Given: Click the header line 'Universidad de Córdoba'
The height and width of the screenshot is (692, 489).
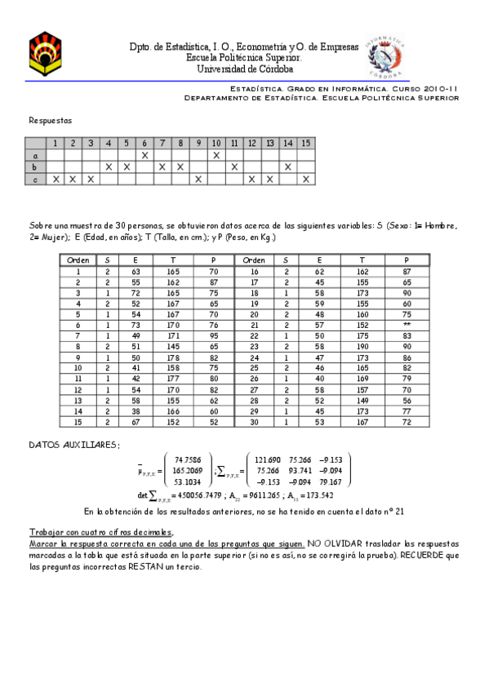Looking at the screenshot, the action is (x=245, y=69).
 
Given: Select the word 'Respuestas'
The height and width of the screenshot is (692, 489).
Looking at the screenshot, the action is (x=51, y=119).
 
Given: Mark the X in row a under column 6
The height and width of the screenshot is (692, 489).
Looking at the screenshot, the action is (x=144, y=155).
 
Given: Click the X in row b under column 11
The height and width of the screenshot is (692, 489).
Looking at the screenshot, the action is (x=234, y=166).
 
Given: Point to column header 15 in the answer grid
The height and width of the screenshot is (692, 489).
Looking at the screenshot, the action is (x=306, y=144).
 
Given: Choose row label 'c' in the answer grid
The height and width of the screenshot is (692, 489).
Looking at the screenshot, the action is (x=35, y=179).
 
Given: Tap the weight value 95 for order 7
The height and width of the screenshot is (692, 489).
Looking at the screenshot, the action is (x=213, y=335).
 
